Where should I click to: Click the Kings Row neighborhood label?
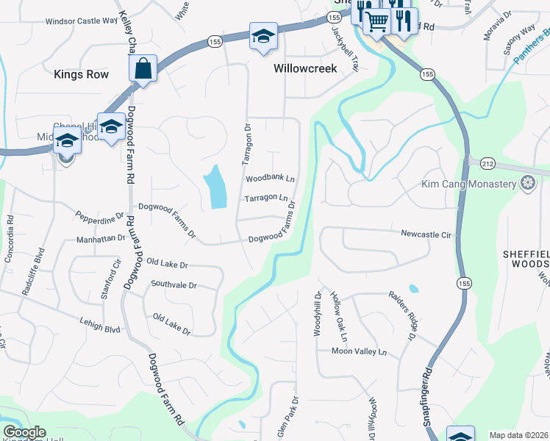tap(81, 74)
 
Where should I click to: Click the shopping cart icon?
tap(377, 23)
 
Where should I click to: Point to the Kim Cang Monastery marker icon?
tap(526, 183)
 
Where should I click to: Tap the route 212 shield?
tap(488, 162)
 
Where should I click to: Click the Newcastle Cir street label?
tap(425, 234)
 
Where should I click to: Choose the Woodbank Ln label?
tap(270, 179)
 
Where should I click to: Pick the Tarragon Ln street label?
tap(266, 198)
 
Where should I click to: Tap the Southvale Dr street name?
tap(174, 284)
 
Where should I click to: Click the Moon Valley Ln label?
tap(358, 352)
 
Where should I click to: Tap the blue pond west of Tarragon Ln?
tap(215, 187)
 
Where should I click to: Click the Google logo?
tap(24, 433)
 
